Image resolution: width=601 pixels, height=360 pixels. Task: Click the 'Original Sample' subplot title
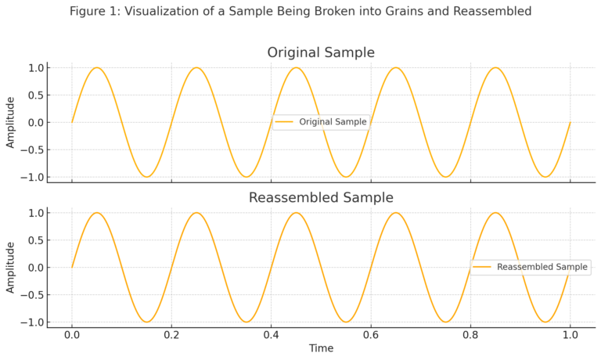[321, 53]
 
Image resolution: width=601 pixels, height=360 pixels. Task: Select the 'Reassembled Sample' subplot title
[321, 198]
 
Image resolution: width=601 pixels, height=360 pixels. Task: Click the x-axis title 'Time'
[321, 348]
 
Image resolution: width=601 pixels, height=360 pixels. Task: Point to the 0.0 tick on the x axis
[72, 334]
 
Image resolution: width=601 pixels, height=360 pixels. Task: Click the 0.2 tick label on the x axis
[171, 334]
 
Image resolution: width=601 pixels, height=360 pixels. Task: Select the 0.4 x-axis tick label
[271, 334]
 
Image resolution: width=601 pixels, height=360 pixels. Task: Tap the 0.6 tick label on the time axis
[371, 334]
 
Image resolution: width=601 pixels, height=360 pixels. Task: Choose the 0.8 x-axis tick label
[470, 334]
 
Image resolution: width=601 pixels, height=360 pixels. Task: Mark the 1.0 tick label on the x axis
[570, 334]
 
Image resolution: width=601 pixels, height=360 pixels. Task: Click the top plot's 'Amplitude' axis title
[11, 122]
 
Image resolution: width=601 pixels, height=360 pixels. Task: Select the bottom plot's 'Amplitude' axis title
[11, 267]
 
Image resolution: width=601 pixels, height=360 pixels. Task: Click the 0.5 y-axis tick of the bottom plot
[34, 240]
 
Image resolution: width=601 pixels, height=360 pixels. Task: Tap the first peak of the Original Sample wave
[97, 68]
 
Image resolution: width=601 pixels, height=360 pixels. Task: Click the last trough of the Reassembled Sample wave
[545, 322]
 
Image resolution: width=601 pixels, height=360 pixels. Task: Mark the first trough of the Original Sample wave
[146, 177]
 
